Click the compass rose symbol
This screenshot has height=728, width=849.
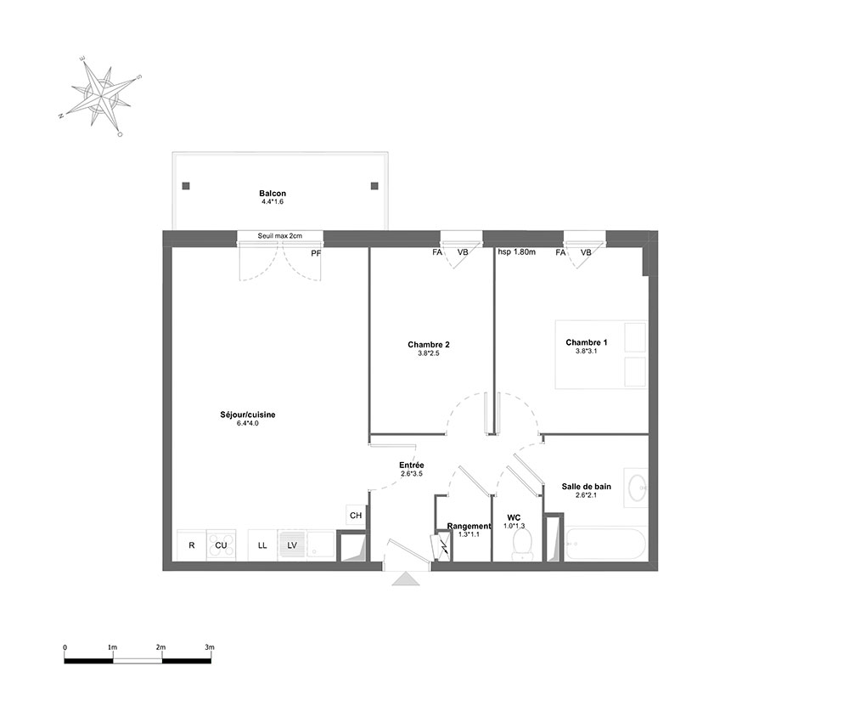coord(101,97)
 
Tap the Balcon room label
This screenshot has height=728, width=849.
coord(273,194)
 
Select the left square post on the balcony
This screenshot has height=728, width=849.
coord(186,186)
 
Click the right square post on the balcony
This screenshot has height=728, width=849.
coord(374,186)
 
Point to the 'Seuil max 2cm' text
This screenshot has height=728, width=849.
coord(280,236)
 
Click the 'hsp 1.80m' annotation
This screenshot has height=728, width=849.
coord(516,252)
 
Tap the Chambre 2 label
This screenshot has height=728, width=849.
coord(428,345)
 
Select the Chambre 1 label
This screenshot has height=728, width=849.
coord(587,342)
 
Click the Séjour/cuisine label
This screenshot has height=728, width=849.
coord(247,415)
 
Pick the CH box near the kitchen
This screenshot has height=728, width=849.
coord(356,515)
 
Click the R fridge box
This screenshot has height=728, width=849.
coord(192,545)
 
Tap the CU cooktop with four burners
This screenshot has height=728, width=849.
coord(221,545)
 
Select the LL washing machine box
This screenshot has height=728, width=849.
coord(262,545)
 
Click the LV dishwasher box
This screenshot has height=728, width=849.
coord(292,545)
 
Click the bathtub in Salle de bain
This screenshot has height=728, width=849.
coord(605,545)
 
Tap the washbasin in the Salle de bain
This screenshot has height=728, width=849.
coord(636,488)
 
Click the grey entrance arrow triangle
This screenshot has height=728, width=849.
coord(406,579)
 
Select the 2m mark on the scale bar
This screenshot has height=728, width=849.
coord(160,647)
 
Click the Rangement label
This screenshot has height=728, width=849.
coord(469,526)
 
